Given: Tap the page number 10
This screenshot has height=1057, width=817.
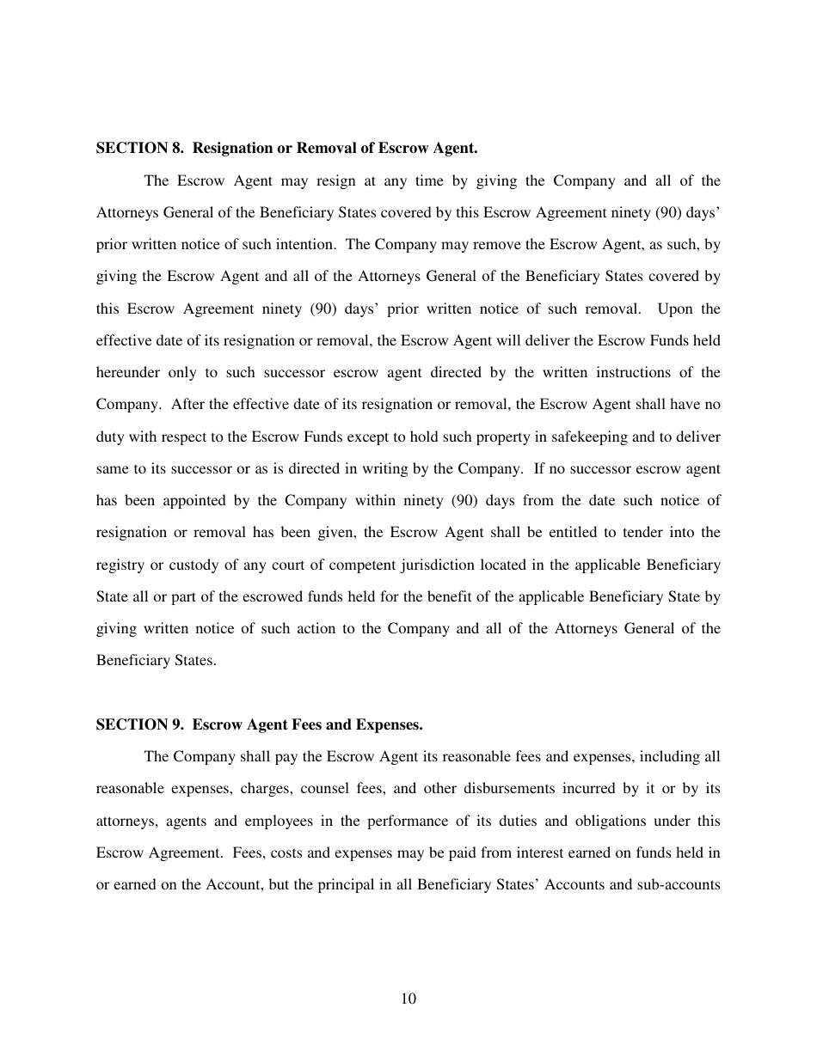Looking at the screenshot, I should [408, 998].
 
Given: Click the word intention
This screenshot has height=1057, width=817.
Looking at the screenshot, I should [310, 244].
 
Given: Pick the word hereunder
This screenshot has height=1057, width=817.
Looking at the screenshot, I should [126, 372].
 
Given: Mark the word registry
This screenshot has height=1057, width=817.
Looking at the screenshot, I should [120, 565].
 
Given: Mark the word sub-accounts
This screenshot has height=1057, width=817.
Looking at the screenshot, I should [678, 884].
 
